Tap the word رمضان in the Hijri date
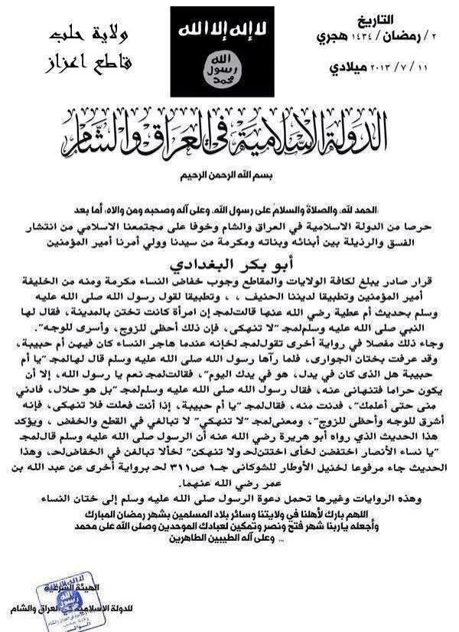[x=388, y=38]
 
